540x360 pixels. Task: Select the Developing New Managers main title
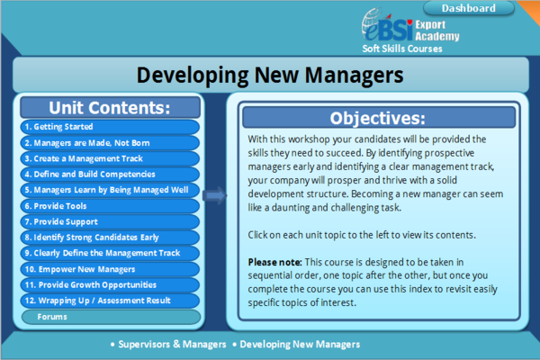269,75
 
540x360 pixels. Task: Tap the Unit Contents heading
110,107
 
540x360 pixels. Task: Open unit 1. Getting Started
110,127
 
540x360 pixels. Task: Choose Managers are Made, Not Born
110,142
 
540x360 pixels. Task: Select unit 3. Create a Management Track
110,158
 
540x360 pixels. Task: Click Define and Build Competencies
110,174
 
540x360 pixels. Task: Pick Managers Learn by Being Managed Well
110,190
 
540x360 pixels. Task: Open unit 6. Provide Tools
110,205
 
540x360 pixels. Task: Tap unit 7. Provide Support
110,221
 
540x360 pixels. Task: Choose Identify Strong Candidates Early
110,238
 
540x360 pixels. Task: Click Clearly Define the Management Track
110,253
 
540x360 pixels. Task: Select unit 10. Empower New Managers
110,269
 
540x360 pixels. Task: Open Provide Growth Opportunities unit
110,284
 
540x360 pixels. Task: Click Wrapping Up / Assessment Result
110,301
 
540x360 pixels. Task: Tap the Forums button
110,317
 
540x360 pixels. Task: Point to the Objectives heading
377,118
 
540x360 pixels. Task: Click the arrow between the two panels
214,194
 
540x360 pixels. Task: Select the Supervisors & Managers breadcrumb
166,345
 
